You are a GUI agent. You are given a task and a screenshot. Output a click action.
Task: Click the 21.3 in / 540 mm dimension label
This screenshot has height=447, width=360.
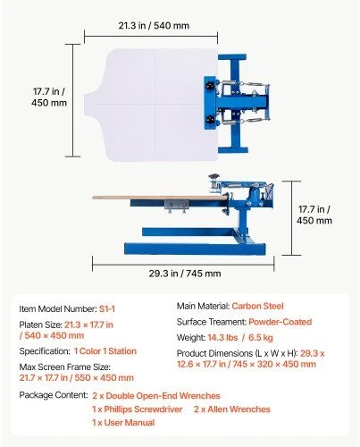click(x=154, y=26)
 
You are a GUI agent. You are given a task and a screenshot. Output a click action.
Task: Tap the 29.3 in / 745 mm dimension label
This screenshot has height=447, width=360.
click(x=185, y=274)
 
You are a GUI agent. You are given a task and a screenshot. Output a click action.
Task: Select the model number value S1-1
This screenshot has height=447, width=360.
click(x=107, y=309)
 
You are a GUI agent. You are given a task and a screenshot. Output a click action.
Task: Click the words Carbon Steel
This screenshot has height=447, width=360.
click(x=257, y=306)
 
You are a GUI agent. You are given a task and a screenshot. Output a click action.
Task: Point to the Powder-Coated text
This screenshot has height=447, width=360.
click(x=280, y=322)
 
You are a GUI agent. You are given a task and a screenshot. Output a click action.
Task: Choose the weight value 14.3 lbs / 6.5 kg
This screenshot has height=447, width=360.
click(x=240, y=338)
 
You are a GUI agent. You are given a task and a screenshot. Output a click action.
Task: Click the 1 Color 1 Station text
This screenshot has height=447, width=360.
click(x=105, y=351)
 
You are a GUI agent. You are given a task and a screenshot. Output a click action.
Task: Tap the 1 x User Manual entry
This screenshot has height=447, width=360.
click(x=123, y=423)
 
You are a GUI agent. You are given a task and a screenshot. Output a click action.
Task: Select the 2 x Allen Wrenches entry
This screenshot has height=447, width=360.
click(x=232, y=409)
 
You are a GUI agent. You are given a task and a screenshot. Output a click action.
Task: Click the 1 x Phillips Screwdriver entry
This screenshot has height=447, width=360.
click(x=137, y=409)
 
